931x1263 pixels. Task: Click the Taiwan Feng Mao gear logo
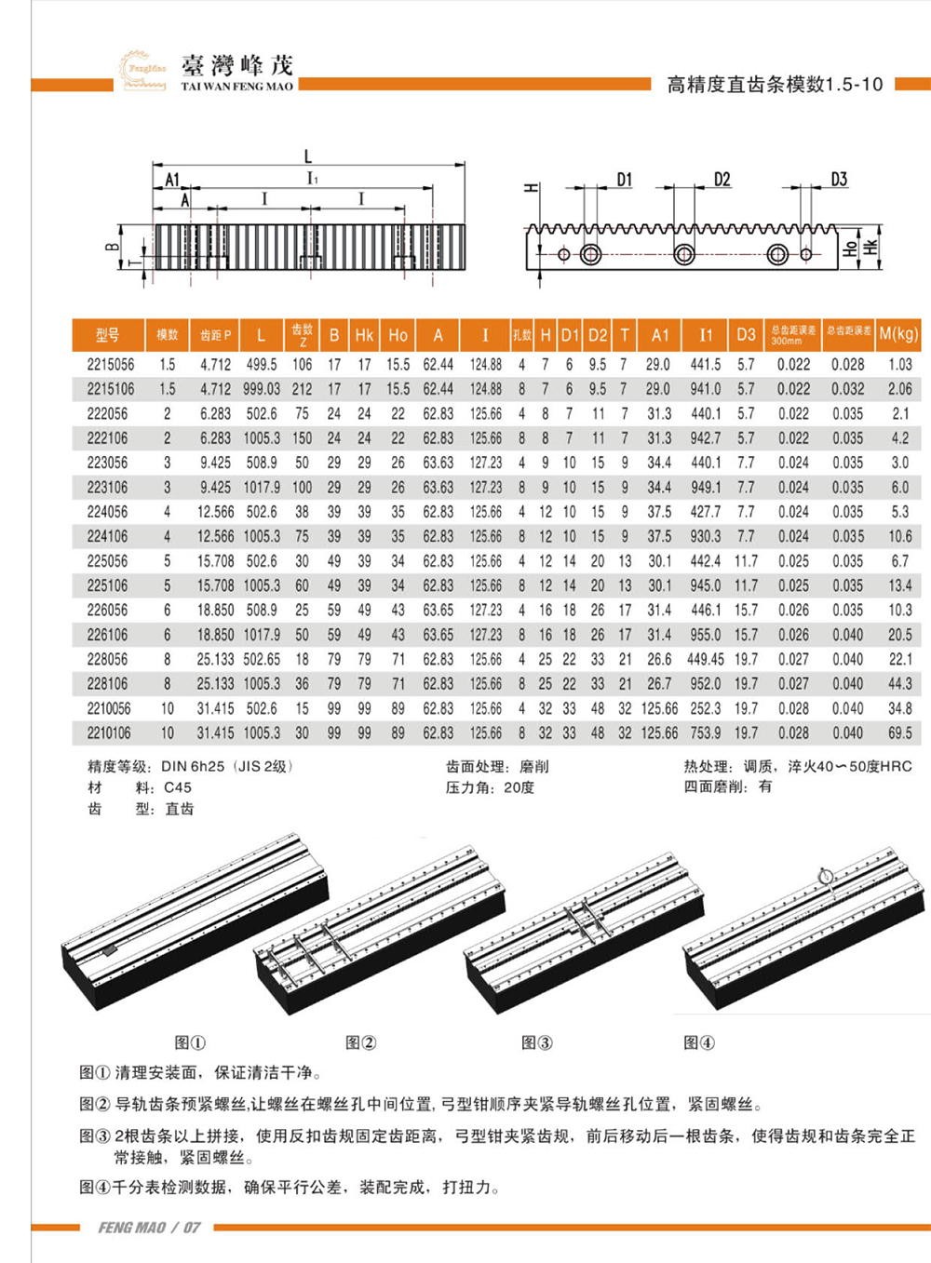[x=142, y=69]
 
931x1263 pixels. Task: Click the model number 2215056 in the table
[x=110, y=365]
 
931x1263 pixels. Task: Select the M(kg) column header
[x=898, y=334]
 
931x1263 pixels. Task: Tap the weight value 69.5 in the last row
[x=900, y=733]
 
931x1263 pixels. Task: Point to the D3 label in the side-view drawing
[x=839, y=180]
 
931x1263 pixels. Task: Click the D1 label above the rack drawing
[x=624, y=180]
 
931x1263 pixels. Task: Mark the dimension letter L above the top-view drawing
[x=308, y=157]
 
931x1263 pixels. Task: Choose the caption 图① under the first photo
[x=190, y=1042]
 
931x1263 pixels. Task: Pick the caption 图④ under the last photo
[x=698, y=1042]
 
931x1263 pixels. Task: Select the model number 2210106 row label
[x=109, y=733]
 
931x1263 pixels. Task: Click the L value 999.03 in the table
[x=262, y=389]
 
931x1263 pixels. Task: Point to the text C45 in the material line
[x=177, y=787]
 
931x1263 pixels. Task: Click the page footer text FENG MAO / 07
[x=149, y=1228]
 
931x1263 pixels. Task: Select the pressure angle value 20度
[x=519, y=787]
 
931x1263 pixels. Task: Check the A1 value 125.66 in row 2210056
[x=659, y=708]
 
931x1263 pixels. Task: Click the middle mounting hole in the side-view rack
[x=684, y=253]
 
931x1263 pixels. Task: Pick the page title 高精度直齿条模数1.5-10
[x=775, y=85]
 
